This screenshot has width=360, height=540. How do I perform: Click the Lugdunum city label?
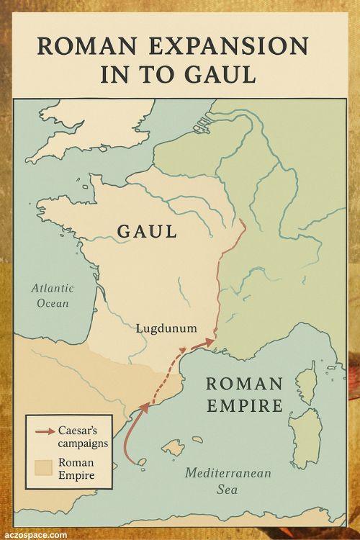[x=166, y=328]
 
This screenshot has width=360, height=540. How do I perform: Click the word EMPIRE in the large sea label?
[x=245, y=406]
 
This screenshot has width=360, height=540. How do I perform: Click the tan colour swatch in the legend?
[x=42, y=468]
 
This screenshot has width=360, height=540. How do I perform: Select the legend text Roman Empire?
[x=76, y=469]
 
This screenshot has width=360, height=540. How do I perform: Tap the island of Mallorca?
[x=173, y=448]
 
